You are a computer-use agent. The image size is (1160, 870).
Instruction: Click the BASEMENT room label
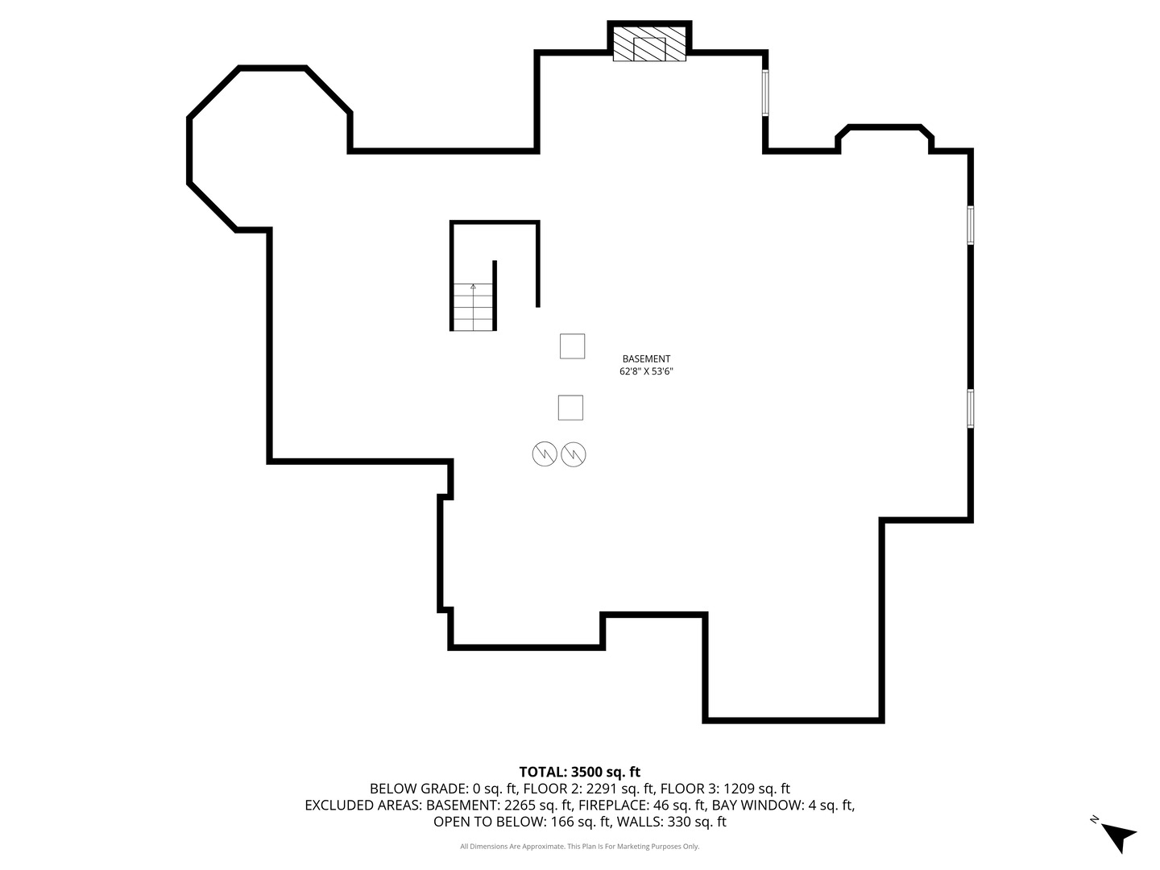(x=646, y=359)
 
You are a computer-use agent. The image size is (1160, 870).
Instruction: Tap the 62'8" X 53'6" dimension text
(x=646, y=372)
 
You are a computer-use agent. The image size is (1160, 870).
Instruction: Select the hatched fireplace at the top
(x=649, y=45)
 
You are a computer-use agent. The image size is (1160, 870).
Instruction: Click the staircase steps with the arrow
(x=473, y=308)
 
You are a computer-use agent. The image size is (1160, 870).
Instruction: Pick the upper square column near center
(x=572, y=346)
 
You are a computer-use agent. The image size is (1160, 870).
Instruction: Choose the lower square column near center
(x=570, y=408)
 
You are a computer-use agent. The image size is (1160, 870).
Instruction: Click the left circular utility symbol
(x=545, y=454)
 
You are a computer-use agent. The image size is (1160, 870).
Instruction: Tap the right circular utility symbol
(x=574, y=454)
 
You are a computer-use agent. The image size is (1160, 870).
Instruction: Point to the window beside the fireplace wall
(x=765, y=93)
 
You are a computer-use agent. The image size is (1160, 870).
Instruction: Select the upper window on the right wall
(x=971, y=225)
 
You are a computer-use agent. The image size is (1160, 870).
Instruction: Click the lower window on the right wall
(x=971, y=408)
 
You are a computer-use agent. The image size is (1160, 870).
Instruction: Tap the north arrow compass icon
(x=1117, y=835)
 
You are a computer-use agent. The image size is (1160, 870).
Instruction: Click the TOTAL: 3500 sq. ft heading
(x=579, y=772)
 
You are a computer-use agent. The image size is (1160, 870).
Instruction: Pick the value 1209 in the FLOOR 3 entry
(x=739, y=789)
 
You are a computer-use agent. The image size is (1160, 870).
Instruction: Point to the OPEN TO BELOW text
(x=488, y=822)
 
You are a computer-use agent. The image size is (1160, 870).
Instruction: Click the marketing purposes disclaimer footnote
(x=579, y=847)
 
